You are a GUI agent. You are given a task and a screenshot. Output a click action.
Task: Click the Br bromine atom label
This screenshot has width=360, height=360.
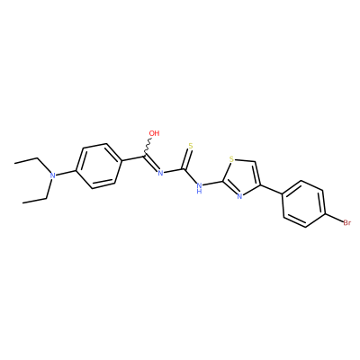coord(346,223)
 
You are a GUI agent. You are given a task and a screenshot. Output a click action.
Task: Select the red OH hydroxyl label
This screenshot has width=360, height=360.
coord(154,133)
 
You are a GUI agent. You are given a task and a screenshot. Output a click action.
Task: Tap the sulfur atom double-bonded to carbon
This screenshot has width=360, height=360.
coord(191,147)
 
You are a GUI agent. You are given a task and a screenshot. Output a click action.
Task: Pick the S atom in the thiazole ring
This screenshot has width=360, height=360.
coord(231,158)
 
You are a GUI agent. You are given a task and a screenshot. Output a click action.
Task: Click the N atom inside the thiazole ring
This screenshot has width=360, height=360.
coord(239,196)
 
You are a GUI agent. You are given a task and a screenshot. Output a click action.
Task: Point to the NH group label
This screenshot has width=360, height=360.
coord(199,188)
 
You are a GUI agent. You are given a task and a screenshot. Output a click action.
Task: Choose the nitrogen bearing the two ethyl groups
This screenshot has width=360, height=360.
coord(53,175)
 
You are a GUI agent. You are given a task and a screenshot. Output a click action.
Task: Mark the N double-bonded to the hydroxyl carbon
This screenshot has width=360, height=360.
coord(160,173)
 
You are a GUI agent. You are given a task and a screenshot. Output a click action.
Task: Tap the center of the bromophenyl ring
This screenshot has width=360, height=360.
coord(303,203)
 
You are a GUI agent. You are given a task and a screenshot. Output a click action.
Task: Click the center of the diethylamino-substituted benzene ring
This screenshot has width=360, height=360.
coord(100,166)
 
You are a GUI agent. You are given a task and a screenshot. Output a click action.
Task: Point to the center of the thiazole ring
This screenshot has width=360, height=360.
coord(241,177)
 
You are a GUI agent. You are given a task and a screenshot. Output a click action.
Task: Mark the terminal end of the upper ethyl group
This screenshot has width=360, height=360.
coord(15,162)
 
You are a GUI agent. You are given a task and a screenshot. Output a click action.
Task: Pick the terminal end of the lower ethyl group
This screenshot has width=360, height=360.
coord(23,202)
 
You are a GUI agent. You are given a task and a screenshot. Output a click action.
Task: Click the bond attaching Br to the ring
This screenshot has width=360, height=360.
coord(334,218)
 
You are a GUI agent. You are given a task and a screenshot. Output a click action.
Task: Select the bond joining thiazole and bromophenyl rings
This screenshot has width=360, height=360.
coord(271,190)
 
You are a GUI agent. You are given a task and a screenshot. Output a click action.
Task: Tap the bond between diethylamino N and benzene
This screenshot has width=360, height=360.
coord(67,173)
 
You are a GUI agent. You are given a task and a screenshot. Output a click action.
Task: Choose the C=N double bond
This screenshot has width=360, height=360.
coord(151,164)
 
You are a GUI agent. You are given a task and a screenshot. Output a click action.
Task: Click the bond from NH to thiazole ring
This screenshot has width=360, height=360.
coord(213,183)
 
